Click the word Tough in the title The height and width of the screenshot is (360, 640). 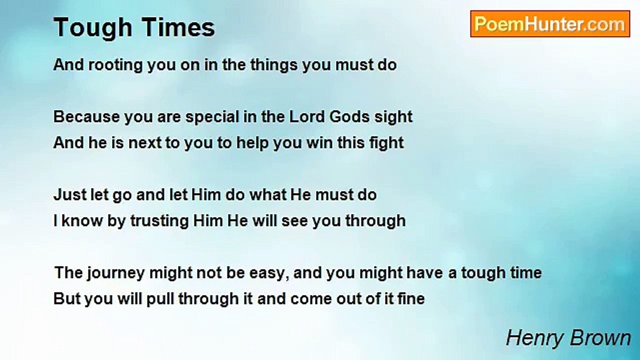point(93,27)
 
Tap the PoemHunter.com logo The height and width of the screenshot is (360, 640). point(550,24)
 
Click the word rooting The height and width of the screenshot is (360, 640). point(115,65)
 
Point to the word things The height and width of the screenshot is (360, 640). point(274,65)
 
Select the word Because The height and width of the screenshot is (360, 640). point(86,117)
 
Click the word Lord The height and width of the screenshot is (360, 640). point(307,117)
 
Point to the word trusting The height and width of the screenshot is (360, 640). point(159,221)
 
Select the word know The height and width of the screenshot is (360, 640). point(82,221)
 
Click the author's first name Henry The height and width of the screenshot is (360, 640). point(534,339)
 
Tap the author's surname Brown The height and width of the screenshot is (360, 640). point(600,338)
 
